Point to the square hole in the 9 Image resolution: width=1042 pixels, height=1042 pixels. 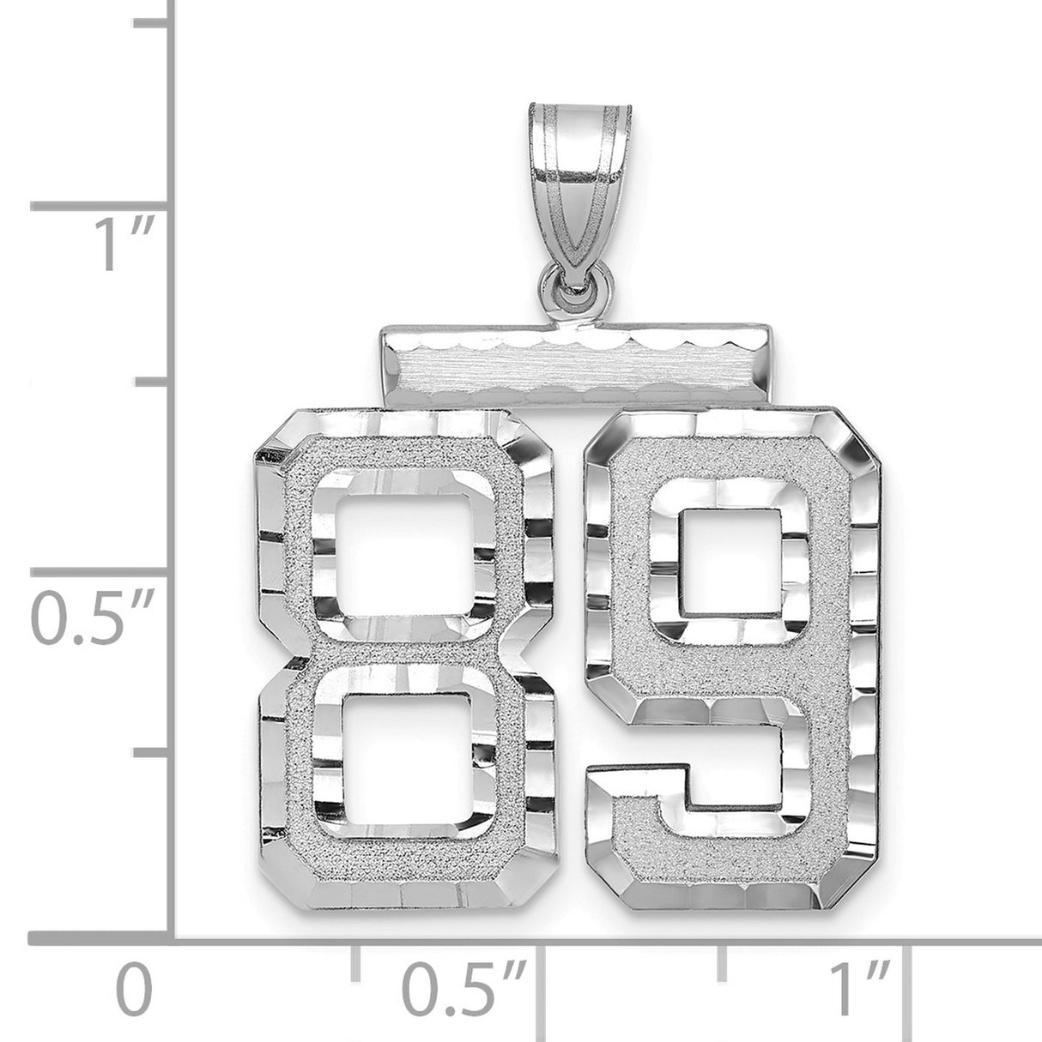coord(729,562)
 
